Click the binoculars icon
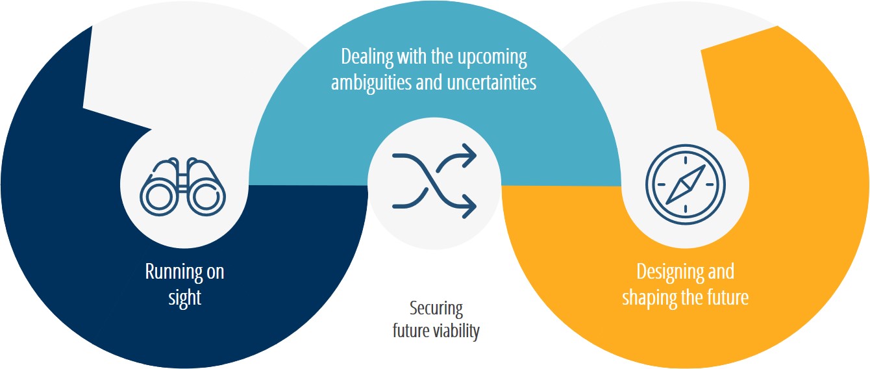(x=182, y=186)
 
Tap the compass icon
(x=686, y=184)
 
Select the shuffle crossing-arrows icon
(x=434, y=181)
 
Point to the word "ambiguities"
(x=371, y=83)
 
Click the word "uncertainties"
(x=491, y=83)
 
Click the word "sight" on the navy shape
(x=185, y=298)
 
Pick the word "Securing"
(x=436, y=309)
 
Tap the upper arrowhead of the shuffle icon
(x=471, y=155)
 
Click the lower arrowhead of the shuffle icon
(x=471, y=206)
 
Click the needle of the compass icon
(x=686, y=184)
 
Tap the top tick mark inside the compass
(x=686, y=160)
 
